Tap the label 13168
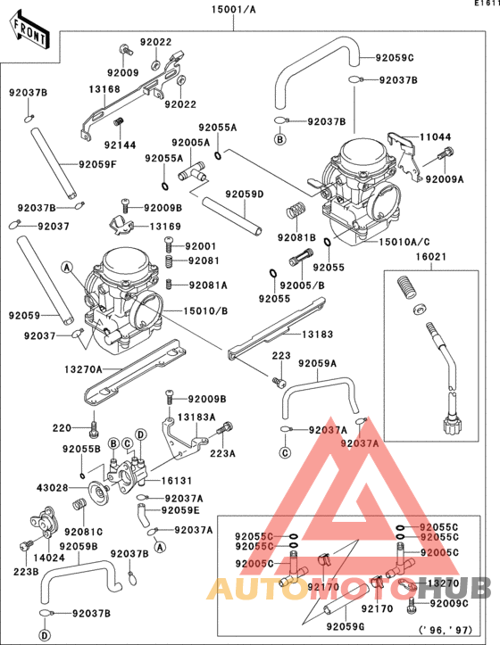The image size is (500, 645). pyautogui.click(x=104, y=89)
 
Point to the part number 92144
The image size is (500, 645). pyautogui.click(x=121, y=144)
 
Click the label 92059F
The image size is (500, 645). pyautogui.click(x=99, y=163)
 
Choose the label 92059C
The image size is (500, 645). pyautogui.click(x=395, y=58)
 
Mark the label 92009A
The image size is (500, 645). pyautogui.click(x=445, y=178)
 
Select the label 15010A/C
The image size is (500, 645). pyautogui.click(x=404, y=242)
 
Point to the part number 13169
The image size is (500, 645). pyautogui.click(x=165, y=227)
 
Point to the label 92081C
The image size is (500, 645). pyautogui.click(x=83, y=531)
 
